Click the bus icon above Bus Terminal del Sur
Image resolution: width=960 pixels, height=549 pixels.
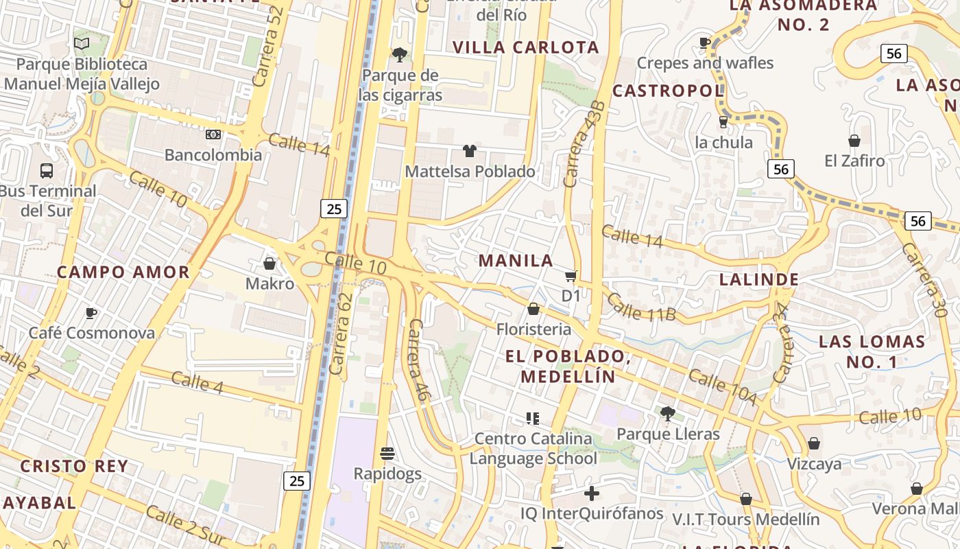[x=47, y=170]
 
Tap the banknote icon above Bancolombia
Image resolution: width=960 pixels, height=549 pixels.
[x=213, y=135]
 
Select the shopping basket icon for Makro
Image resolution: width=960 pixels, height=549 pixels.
[x=269, y=264]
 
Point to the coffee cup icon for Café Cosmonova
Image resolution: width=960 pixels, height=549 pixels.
[x=91, y=314]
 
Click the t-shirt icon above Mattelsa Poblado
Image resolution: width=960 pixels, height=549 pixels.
[x=470, y=151]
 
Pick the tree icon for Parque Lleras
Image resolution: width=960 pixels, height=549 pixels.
[x=667, y=413]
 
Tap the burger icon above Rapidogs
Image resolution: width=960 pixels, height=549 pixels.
[x=387, y=454]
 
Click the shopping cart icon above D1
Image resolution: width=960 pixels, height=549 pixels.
[x=571, y=277]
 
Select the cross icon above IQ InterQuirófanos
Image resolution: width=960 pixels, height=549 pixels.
[x=592, y=493]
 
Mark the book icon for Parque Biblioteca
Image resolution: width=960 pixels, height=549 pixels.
[x=82, y=44]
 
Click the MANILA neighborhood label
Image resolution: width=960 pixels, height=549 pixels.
[x=516, y=261]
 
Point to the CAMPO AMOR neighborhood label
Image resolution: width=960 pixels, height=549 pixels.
[x=123, y=272]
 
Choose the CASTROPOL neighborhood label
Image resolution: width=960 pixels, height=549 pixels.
[x=668, y=91]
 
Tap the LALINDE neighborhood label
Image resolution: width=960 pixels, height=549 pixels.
[x=759, y=279]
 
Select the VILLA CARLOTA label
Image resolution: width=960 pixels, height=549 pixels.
[x=527, y=47]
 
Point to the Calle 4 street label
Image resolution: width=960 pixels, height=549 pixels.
[x=197, y=382]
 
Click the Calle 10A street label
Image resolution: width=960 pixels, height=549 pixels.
[x=722, y=387]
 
